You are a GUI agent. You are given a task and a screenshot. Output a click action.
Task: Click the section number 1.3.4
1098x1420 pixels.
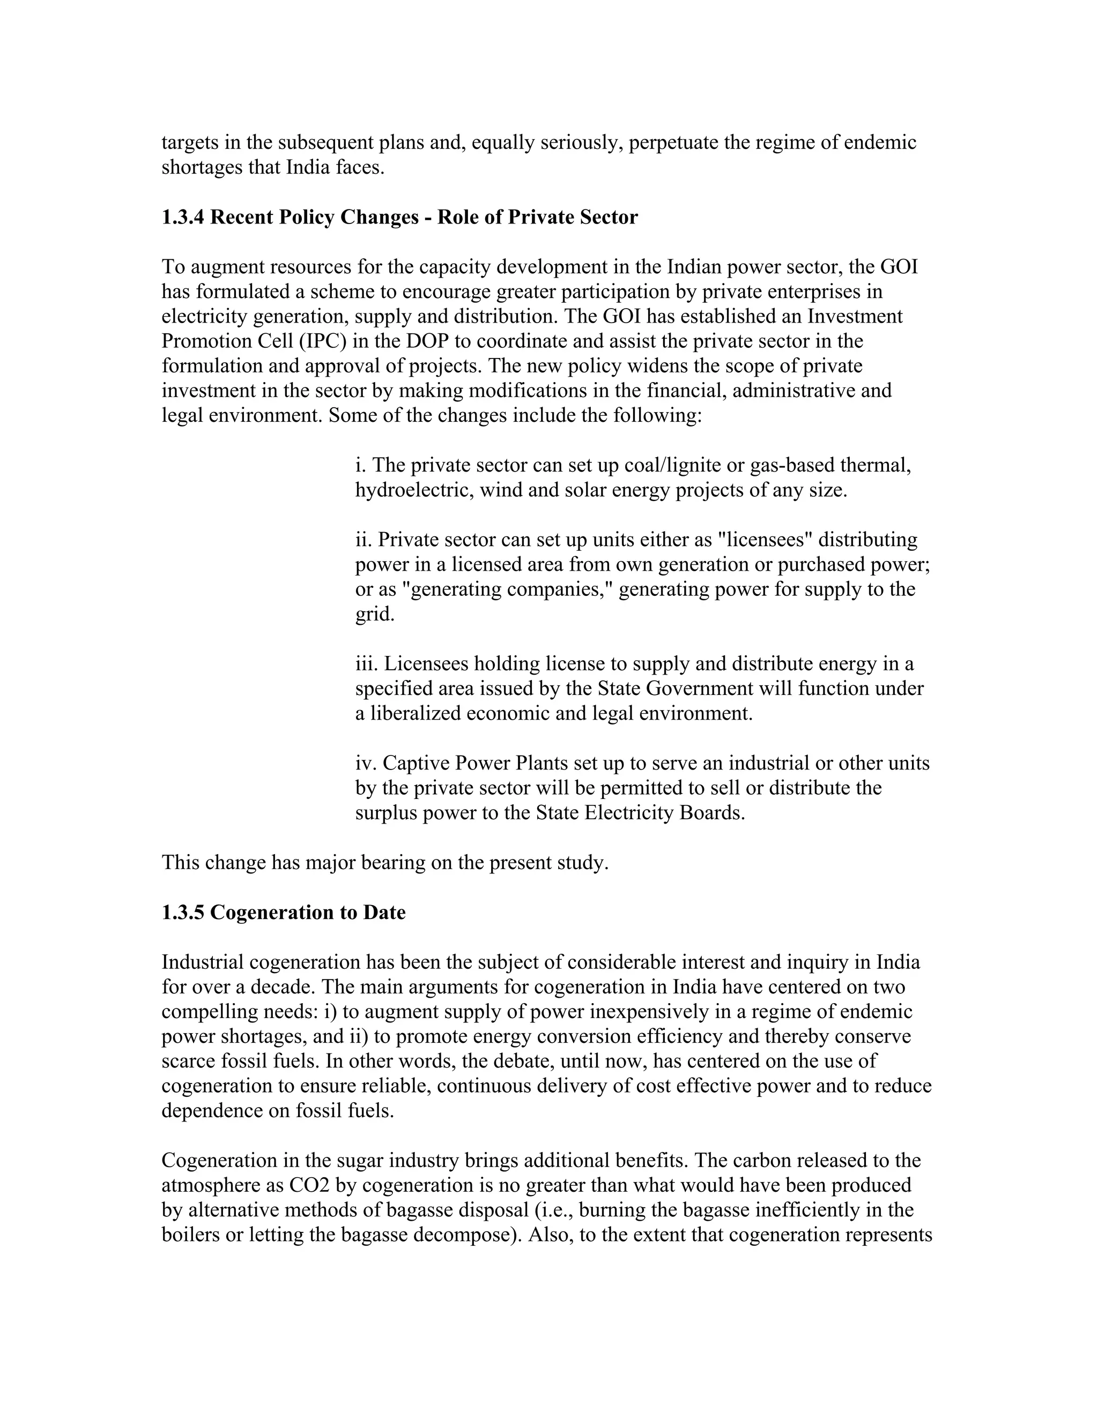(x=183, y=217)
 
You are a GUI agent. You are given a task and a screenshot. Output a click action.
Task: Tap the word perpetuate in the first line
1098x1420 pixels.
(x=674, y=143)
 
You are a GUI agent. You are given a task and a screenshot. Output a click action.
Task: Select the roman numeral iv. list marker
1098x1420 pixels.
(x=366, y=763)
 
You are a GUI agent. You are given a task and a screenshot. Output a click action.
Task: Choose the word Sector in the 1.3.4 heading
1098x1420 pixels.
(x=606, y=217)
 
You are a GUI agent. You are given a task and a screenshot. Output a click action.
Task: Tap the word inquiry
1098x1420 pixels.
(x=821, y=962)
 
